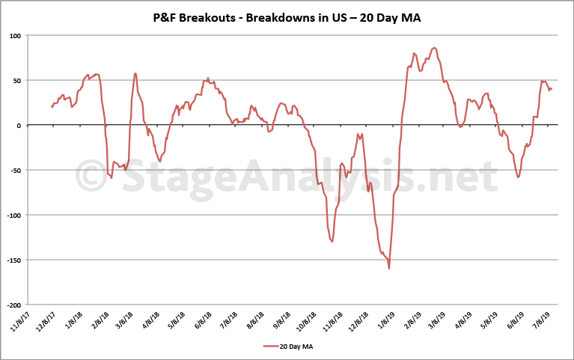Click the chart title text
tap(287, 16)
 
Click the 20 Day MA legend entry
tap(287, 346)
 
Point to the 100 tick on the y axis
tap(15, 35)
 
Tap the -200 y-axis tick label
tap(13, 305)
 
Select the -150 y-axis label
tap(13, 260)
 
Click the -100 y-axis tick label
tap(13, 215)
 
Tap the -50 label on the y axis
tap(15, 170)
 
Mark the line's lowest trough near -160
tap(389, 269)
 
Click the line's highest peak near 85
tap(435, 48)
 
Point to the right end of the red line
tap(552, 90)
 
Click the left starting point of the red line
tap(51, 106)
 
